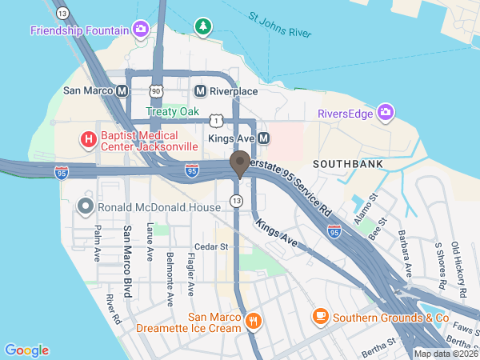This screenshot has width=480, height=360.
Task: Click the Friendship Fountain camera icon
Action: point(141,30)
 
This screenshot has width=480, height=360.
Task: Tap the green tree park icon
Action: point(204,27)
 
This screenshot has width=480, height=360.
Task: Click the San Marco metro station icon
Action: point(122,91)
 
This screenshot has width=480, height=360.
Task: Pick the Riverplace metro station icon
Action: point(201,91)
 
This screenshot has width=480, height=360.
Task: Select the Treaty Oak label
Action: point(172,112)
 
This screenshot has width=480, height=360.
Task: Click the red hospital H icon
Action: point(88,141)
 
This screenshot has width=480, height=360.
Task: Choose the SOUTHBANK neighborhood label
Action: point(347,163)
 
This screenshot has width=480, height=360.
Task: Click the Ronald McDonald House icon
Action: point(86,207)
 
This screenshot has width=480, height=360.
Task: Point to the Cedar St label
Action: point(212,246)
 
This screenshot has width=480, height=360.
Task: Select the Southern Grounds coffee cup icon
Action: point(321,316)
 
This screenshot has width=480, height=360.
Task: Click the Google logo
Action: point(26,350)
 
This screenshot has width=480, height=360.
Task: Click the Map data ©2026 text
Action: point(445,354)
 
